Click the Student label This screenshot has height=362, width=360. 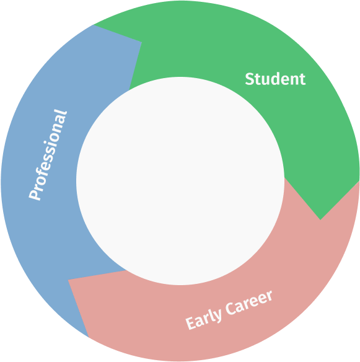tap(275, 79)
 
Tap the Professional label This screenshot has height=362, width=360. tap(48, 155)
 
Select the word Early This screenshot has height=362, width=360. tap(203, 318)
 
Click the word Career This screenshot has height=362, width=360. tap(248, 303)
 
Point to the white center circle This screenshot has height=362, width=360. tap(180, 181)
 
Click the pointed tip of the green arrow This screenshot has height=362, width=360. tap(320, 220)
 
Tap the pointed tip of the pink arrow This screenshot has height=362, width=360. tap(68, 280)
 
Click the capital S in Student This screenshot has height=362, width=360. tap(249, 79)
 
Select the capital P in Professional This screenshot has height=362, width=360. tap(35, 195)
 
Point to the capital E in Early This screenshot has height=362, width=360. tap(191, 324)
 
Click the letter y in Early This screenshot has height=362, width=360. tap(218, 316)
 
